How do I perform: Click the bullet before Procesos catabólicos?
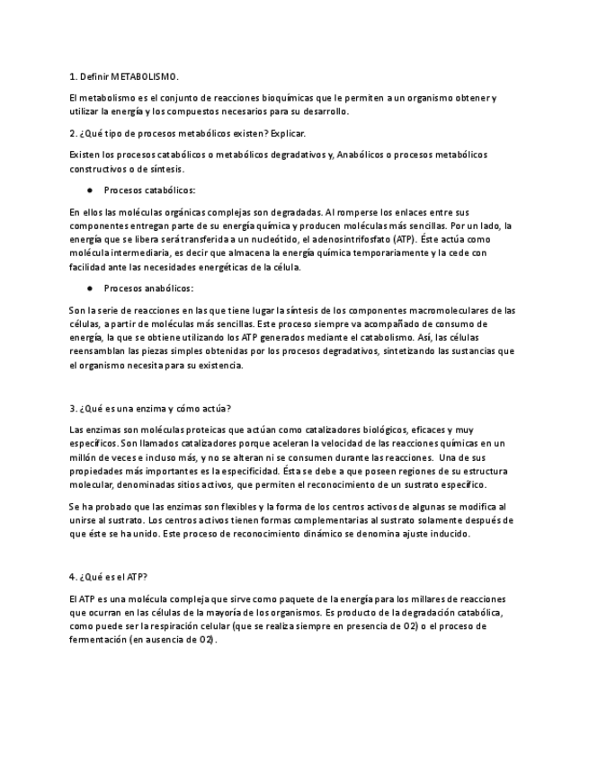(90, 190)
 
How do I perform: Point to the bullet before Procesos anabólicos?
(90, 288)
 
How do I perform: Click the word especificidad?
(236, 471)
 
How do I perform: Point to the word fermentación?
(96, 641)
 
